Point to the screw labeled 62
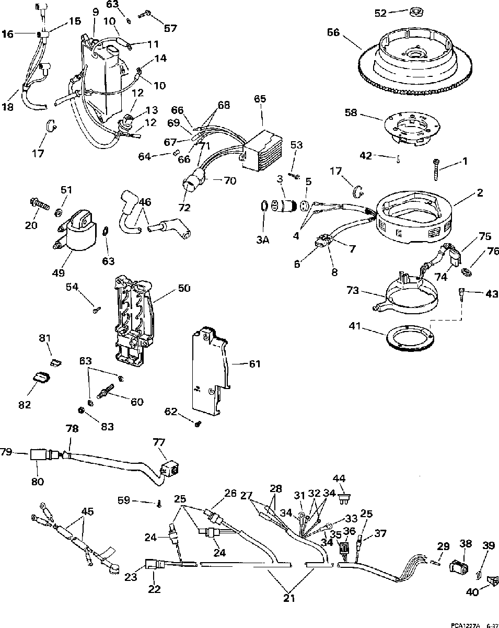[x=198, y=424]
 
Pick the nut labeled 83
[x=81, y=409]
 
